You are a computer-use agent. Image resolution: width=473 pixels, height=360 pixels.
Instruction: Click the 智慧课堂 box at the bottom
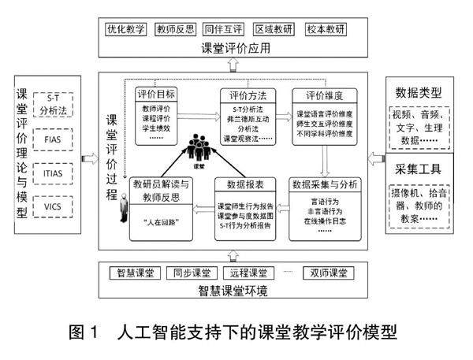[x=136, y=273]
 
